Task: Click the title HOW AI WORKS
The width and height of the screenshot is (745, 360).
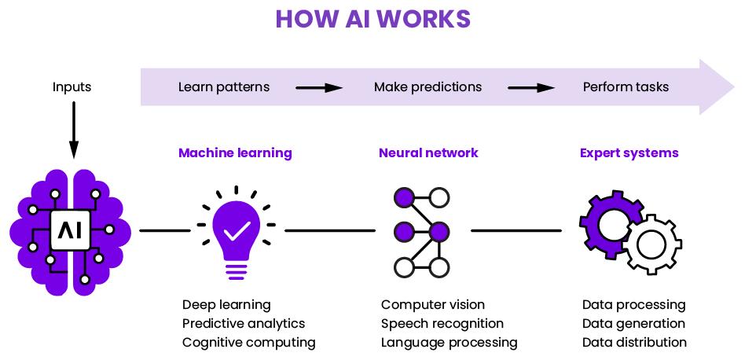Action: coord(372,19)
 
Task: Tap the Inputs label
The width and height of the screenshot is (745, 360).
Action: coord(72,86)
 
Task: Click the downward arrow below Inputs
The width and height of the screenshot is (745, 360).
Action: coord(73,130)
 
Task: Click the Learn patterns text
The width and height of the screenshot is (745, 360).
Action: coord(223,86)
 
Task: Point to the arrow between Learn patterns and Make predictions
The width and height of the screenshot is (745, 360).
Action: coord(318,87)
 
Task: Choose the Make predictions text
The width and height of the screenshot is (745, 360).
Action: coord(428,86)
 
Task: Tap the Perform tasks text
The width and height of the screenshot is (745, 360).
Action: coord(626,86)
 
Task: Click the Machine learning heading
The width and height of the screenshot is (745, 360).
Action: coord(235,152)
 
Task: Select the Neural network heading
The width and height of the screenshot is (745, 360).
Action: coord(428,152)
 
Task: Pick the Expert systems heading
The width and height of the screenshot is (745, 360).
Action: coord(629,152)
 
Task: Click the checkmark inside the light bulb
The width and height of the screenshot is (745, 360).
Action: coord(237,230)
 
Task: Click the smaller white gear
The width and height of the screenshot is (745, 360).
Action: coord(652,245)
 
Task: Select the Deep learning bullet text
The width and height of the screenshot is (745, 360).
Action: coord(226,304)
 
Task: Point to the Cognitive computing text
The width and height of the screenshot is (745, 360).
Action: coord(248,342)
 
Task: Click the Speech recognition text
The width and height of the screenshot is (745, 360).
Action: coord(442,323)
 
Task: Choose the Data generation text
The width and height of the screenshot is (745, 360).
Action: coord(633,323)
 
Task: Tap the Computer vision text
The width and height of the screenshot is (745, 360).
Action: coord(432,304)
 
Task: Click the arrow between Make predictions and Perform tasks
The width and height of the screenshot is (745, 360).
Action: coord(530,87)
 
